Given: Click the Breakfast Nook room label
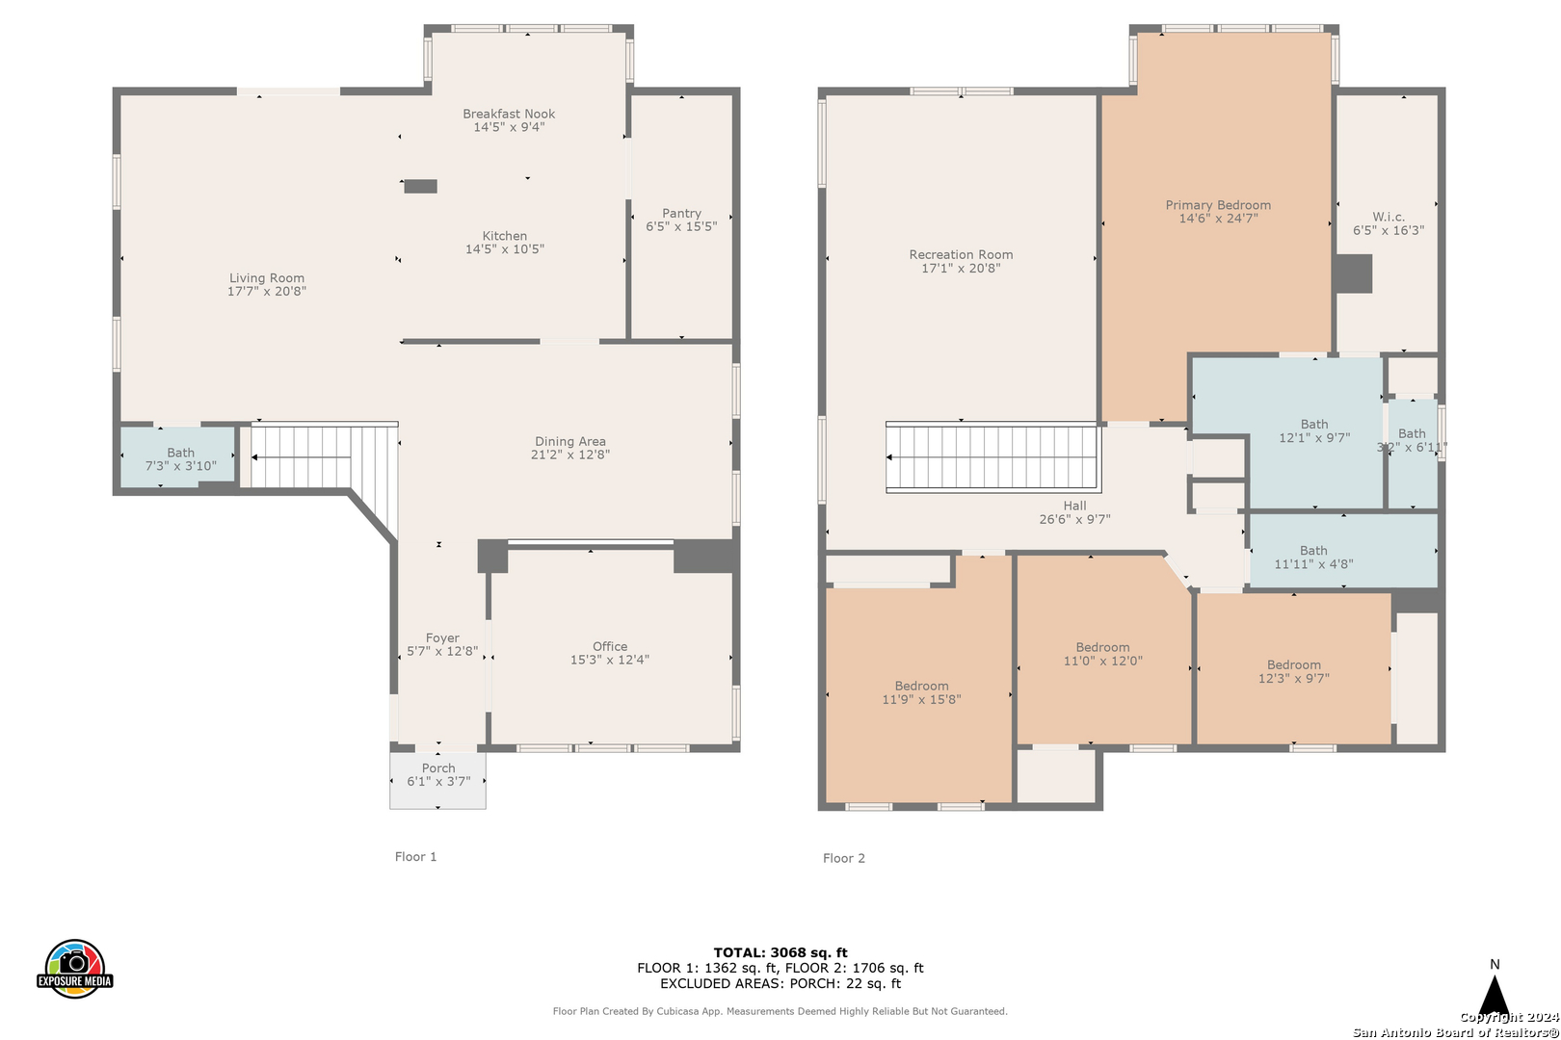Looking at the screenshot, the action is (509, 114).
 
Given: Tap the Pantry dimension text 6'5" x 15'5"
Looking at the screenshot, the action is (681, 226).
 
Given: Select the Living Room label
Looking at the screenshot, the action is (267, 278).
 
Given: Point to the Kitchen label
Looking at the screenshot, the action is (505, 236).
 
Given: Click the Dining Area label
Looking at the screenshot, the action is (570, 442).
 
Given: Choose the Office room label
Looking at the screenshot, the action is (610, 646).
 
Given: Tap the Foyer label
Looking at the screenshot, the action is (442, 638).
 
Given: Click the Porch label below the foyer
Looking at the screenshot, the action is (438, 768).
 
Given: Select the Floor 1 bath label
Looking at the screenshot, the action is (180, 453).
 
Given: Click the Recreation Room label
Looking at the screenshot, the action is (961, 255).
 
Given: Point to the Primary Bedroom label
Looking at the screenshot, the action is (1218, 205).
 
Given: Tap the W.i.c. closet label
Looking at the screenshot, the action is (1389, 218).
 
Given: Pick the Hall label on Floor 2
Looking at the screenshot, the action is (1074, 506).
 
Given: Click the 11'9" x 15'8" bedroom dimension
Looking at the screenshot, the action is (921, 699).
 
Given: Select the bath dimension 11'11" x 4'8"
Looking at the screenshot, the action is (1313, 564).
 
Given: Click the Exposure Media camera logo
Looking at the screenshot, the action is (74, 968).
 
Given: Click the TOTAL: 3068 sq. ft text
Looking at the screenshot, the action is (780, 952).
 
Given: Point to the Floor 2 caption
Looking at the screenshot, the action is (844, 858).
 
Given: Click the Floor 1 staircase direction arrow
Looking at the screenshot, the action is (301, 457).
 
